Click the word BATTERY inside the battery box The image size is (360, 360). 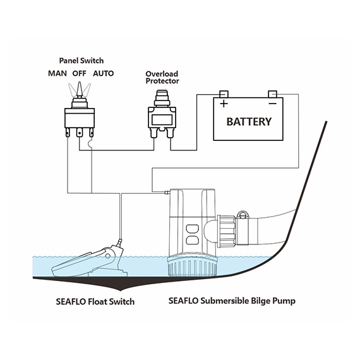pos(249,122)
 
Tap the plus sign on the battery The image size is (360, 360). pos(224,104)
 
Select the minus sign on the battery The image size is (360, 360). pos(272,104)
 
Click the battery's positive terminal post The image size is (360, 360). pos(224,94)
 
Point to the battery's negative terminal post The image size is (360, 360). pos(272,94)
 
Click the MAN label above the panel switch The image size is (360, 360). pos(57,73)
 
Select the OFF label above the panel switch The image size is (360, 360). pos(80,73)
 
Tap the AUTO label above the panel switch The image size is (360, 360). pos(104,73)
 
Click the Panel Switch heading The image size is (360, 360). pos(81,61)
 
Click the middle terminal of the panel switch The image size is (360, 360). pos(80,133)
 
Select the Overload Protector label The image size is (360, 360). pos(162,78)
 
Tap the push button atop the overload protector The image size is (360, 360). pos(162,95)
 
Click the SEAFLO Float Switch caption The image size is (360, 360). pos(95,301)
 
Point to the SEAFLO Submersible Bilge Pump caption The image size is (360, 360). pos(232,301)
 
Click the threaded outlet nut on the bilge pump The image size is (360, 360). pos(227,231)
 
